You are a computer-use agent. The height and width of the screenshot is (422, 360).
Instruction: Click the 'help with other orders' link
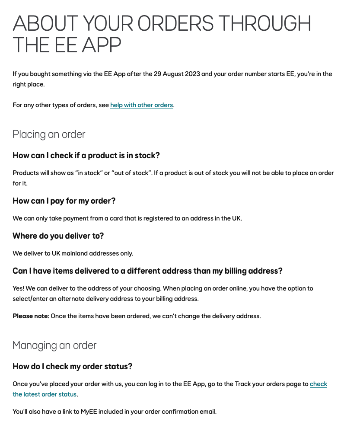click(142, 105)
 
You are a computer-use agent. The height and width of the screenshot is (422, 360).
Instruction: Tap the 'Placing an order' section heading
click(49, 134)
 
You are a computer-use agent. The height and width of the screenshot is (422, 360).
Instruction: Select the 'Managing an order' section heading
click(54, 345)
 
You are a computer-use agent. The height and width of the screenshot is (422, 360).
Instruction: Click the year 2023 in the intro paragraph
click(192, 74)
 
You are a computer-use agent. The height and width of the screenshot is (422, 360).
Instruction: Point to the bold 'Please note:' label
click(31, 316)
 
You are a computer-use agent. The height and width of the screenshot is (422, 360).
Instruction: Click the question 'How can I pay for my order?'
click(64, 201)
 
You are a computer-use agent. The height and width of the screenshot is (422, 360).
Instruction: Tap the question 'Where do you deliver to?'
click(58, 236)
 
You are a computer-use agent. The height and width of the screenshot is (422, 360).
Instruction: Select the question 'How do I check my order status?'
click(72, 367)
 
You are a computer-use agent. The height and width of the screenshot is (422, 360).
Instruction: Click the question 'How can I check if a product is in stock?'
click(86, 156)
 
